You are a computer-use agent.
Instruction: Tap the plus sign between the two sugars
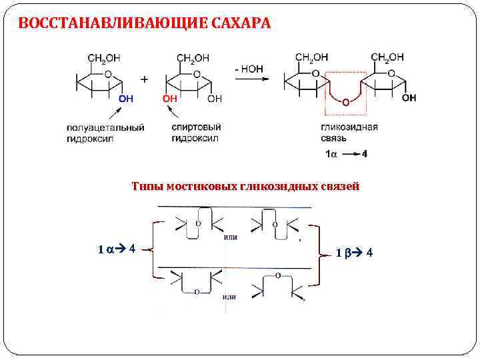145,79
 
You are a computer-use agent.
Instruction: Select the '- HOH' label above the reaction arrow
248,67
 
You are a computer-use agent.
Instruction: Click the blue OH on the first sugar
125,99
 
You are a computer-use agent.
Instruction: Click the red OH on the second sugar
170,99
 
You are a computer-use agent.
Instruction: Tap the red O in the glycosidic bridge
345,102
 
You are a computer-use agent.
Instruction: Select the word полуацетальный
105,127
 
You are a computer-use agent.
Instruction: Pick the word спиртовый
193,127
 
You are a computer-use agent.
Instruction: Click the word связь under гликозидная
333,138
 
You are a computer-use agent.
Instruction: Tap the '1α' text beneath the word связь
331,154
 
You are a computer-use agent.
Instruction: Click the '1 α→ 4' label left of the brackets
117,249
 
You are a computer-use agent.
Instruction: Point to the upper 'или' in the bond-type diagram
230,237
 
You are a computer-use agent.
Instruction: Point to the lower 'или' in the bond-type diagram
229,297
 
